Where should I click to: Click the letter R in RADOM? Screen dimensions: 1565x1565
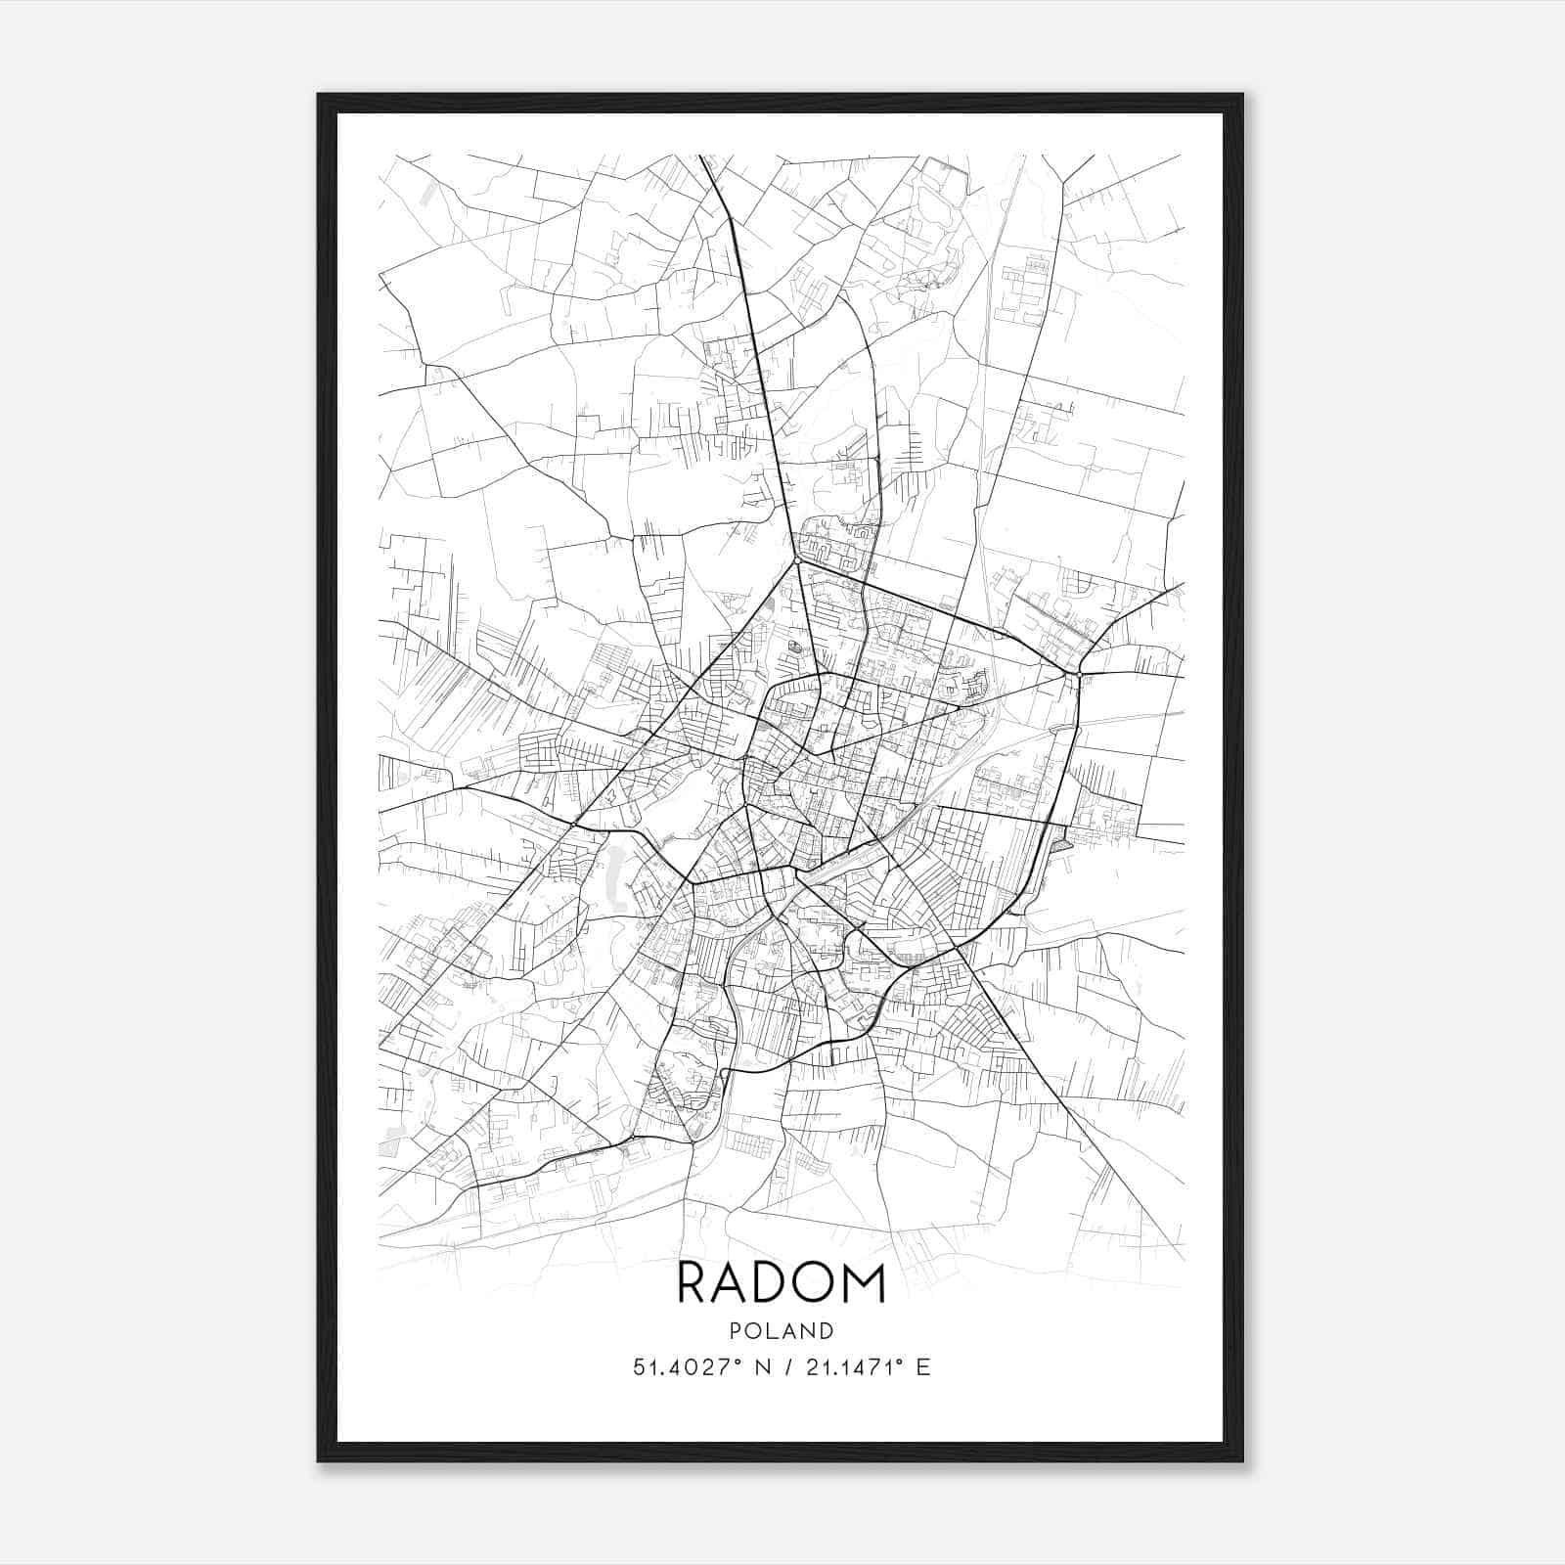[692, 1283]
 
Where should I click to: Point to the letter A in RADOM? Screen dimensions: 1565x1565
[730, 1283]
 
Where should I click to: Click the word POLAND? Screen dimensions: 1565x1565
[782, 1331]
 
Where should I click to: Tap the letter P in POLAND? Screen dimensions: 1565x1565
[736, 1331]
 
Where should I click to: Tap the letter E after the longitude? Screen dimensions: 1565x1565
[923, 1367]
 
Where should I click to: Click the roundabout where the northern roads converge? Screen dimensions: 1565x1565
[799, 561]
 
